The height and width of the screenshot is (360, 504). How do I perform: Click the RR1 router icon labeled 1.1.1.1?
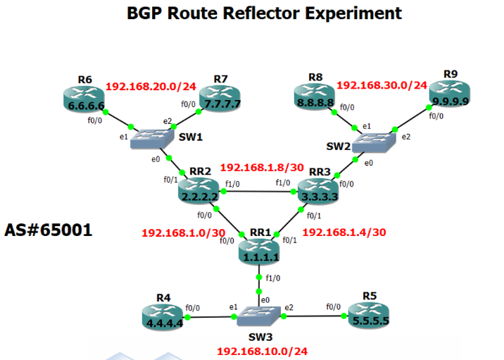tap(259, 252)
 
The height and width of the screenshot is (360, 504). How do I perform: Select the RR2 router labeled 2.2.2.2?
tap(199, 191)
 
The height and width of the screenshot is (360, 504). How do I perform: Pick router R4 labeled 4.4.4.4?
tap(163, 318)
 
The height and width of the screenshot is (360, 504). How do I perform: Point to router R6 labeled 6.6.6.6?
tap(84, 100)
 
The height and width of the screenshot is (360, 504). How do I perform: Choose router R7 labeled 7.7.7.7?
tap(220, 99)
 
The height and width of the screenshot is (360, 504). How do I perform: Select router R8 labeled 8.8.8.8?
tap(315, 97)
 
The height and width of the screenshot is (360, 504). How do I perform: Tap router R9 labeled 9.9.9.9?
tap(450, 94)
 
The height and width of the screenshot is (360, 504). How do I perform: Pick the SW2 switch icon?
tap(374, 142)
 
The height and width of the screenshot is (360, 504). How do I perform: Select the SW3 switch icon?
tap(259, 316)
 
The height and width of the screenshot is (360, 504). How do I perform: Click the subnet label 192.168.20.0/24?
tap(151, 87)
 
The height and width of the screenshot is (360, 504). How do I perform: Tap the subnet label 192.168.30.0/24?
tap(382, 85)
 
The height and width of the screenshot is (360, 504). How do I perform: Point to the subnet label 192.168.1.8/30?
tap(262, 167)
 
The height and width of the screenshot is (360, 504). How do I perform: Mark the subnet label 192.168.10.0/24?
tap(263, 351)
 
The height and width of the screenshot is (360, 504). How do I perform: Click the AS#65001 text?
tap(49, 230)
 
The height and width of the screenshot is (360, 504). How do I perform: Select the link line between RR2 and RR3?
tap(258, 192)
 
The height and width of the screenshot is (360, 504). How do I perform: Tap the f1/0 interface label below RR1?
tap(273, 278)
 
